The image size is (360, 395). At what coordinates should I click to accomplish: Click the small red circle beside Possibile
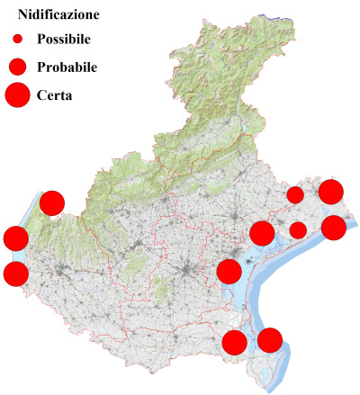tap(17, 40)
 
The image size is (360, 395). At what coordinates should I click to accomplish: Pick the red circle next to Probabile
tap(17, 67)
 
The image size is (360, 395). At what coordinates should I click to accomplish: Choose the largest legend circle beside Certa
tap(17, 94)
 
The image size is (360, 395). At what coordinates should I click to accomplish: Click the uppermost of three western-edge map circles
tap(52, 203)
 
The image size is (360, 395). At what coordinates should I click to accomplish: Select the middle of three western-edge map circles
tap(16, 238)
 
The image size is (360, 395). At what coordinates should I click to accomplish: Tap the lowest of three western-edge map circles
tap(15, 274)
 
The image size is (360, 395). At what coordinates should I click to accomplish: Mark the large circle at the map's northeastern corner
tap(331, 191)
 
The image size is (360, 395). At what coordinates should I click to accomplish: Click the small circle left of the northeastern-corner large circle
tap(295, 195)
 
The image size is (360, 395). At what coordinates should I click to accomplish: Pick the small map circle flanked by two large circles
tap(298, 230)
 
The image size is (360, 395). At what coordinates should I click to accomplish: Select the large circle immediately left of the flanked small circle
tap(262, 233)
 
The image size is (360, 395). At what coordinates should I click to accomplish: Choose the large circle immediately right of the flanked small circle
tap(334, 228)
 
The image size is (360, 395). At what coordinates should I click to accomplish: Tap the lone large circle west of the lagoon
tap(229, 271)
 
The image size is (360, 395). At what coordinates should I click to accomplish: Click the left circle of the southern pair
tap(234, 342)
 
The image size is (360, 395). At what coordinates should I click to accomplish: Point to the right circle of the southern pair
tap(270, 340)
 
